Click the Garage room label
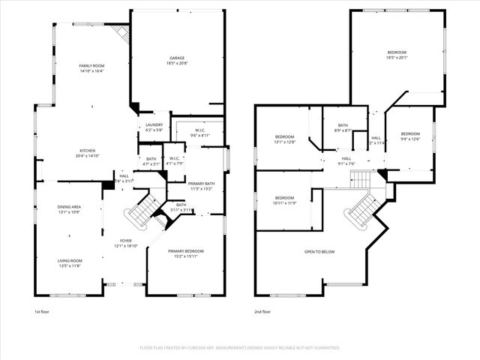coord(177,58)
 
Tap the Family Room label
coord(91,66)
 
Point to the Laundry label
coord(154,124)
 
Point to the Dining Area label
coord(69,206)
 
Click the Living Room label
coord(70,260)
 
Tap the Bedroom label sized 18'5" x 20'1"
coord(396,52)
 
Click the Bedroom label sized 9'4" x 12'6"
coord(410,133)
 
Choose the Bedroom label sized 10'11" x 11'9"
coord(284,198)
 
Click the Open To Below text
coord(319,251)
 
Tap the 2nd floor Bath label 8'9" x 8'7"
coord(343,125)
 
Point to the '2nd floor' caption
coord(262,311)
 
